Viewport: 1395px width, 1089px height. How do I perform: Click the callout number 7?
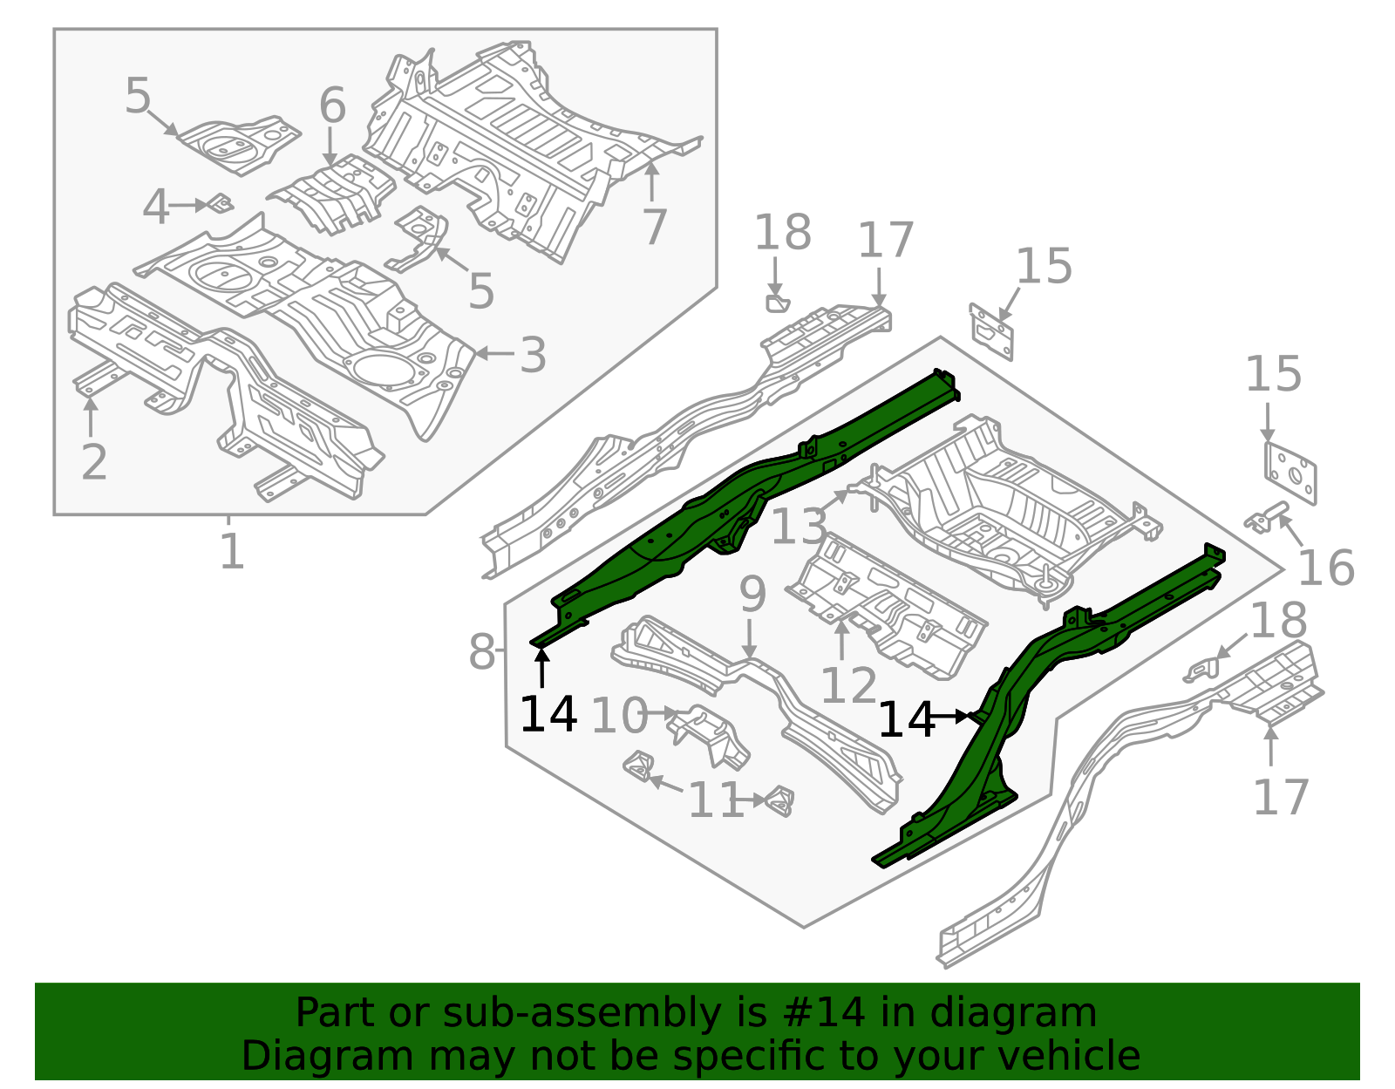click(x=654, y=227)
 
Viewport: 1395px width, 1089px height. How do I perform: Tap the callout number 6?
click(x=332, y=106)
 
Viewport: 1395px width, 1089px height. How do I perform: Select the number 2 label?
click(x=93, y=462)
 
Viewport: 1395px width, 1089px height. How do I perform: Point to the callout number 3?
click(x=533, y=355)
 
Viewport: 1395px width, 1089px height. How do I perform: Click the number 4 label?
click(x=155, y=208)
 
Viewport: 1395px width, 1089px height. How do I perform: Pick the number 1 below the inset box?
click(x=231, y=552)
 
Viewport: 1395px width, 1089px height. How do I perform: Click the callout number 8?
click(x=481, y=652)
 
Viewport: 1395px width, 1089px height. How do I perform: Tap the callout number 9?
click(x=752, y=595)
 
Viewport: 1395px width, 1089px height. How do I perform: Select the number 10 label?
click(x=619, y=717)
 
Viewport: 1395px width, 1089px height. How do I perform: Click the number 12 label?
click(x=848, y=685)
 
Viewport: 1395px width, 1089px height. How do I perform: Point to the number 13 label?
click(x=799, y=527)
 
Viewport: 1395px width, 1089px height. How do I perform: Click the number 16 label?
click(x=1325, y=568)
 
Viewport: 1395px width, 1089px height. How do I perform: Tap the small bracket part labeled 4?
click(x=221, y=203)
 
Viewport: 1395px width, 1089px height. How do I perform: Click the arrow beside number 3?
click(x=493, y=354)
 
